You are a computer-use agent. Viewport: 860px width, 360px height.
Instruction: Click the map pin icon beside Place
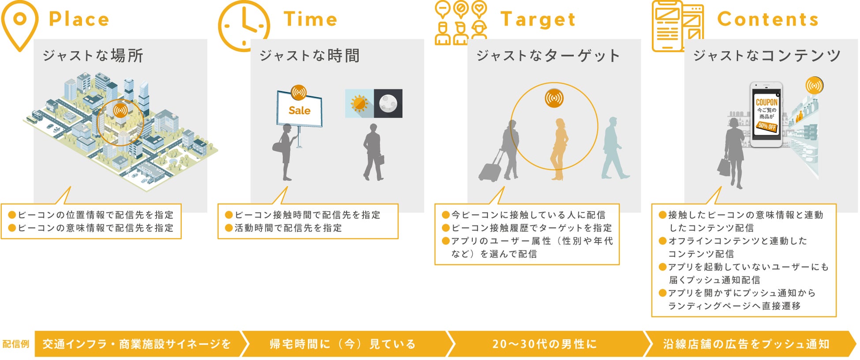(x=20, y=26)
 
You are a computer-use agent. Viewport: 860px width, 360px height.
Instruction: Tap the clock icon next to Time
(x=244, y=26)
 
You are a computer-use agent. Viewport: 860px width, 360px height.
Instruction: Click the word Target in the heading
(x=538, y=19)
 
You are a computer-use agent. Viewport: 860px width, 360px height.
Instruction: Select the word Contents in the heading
(x=768, y=19)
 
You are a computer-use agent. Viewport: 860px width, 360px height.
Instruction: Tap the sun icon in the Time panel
(x=359, y=104)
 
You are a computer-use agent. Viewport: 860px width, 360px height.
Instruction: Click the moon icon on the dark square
(x=388, y=104)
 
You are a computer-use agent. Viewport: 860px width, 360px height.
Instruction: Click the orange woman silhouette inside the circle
(x=559, y=149)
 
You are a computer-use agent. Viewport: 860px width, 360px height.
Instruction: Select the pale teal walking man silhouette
(x=614, y=148)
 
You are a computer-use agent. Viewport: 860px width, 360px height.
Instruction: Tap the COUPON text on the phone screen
(x=767, y=102)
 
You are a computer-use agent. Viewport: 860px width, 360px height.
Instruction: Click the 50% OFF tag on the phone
(x=767, y=127)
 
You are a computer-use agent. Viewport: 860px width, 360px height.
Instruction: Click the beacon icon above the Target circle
(x=554, y=98)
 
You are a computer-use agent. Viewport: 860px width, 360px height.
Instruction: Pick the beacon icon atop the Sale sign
(x=299, y=93)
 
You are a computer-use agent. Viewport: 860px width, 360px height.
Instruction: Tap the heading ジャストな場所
(x=93, y=56)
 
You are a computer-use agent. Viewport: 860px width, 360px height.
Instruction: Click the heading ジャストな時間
(x=310, y=56)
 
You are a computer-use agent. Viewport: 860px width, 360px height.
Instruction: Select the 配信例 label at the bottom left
(x=16, y=344)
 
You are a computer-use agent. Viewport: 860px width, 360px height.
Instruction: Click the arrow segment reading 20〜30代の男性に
(x=545, y=344)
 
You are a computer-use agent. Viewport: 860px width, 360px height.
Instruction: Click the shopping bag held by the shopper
(x=724, y=167)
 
